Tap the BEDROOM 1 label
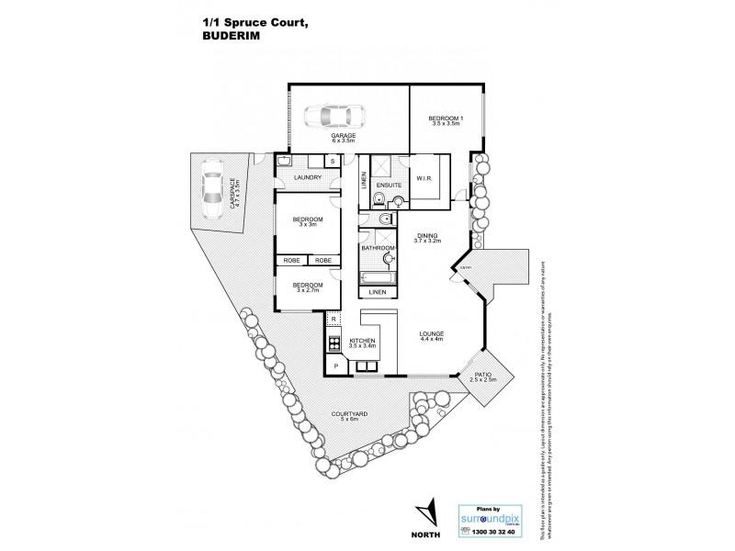point(445,118)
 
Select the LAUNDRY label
point(306,177)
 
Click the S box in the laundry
point(332,162)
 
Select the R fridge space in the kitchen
point(334,320)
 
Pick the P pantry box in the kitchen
point(335,366)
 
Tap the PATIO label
point(482,377)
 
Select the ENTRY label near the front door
point(466,268)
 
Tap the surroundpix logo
point(489,516)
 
